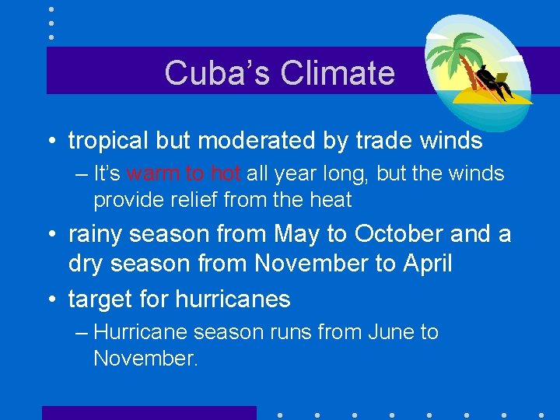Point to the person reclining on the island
(493, 82)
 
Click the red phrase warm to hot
(184, 174)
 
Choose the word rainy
(101, 234)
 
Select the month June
(390, 333)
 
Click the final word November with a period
(145, 359)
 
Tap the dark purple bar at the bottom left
(149, 413)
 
